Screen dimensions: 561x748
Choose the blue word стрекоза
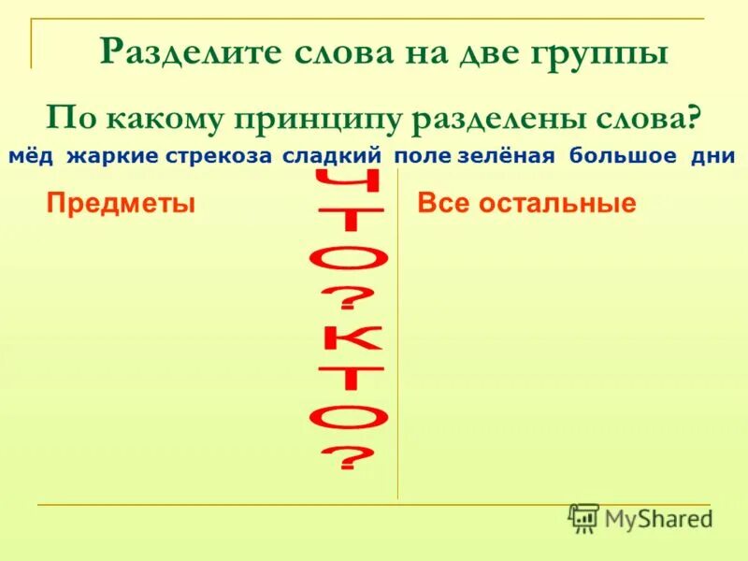pos(219,156)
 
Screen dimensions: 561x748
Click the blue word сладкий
pos(333,156)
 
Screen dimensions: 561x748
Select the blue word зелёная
pos(507,156)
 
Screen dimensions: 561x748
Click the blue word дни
pos(712,156)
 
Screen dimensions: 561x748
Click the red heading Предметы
pos(121,203)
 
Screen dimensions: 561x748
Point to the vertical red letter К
pos(353,346)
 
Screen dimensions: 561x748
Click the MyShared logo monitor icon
pos(583,517)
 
